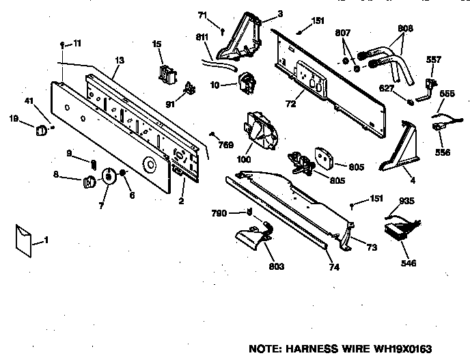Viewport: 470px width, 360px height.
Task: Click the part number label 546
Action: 409,263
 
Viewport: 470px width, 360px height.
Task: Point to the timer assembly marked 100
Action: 260,130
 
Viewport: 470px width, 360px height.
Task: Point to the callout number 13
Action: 120,61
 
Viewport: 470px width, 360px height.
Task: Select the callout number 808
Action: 406,29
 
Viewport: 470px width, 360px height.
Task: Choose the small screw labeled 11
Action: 62,44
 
